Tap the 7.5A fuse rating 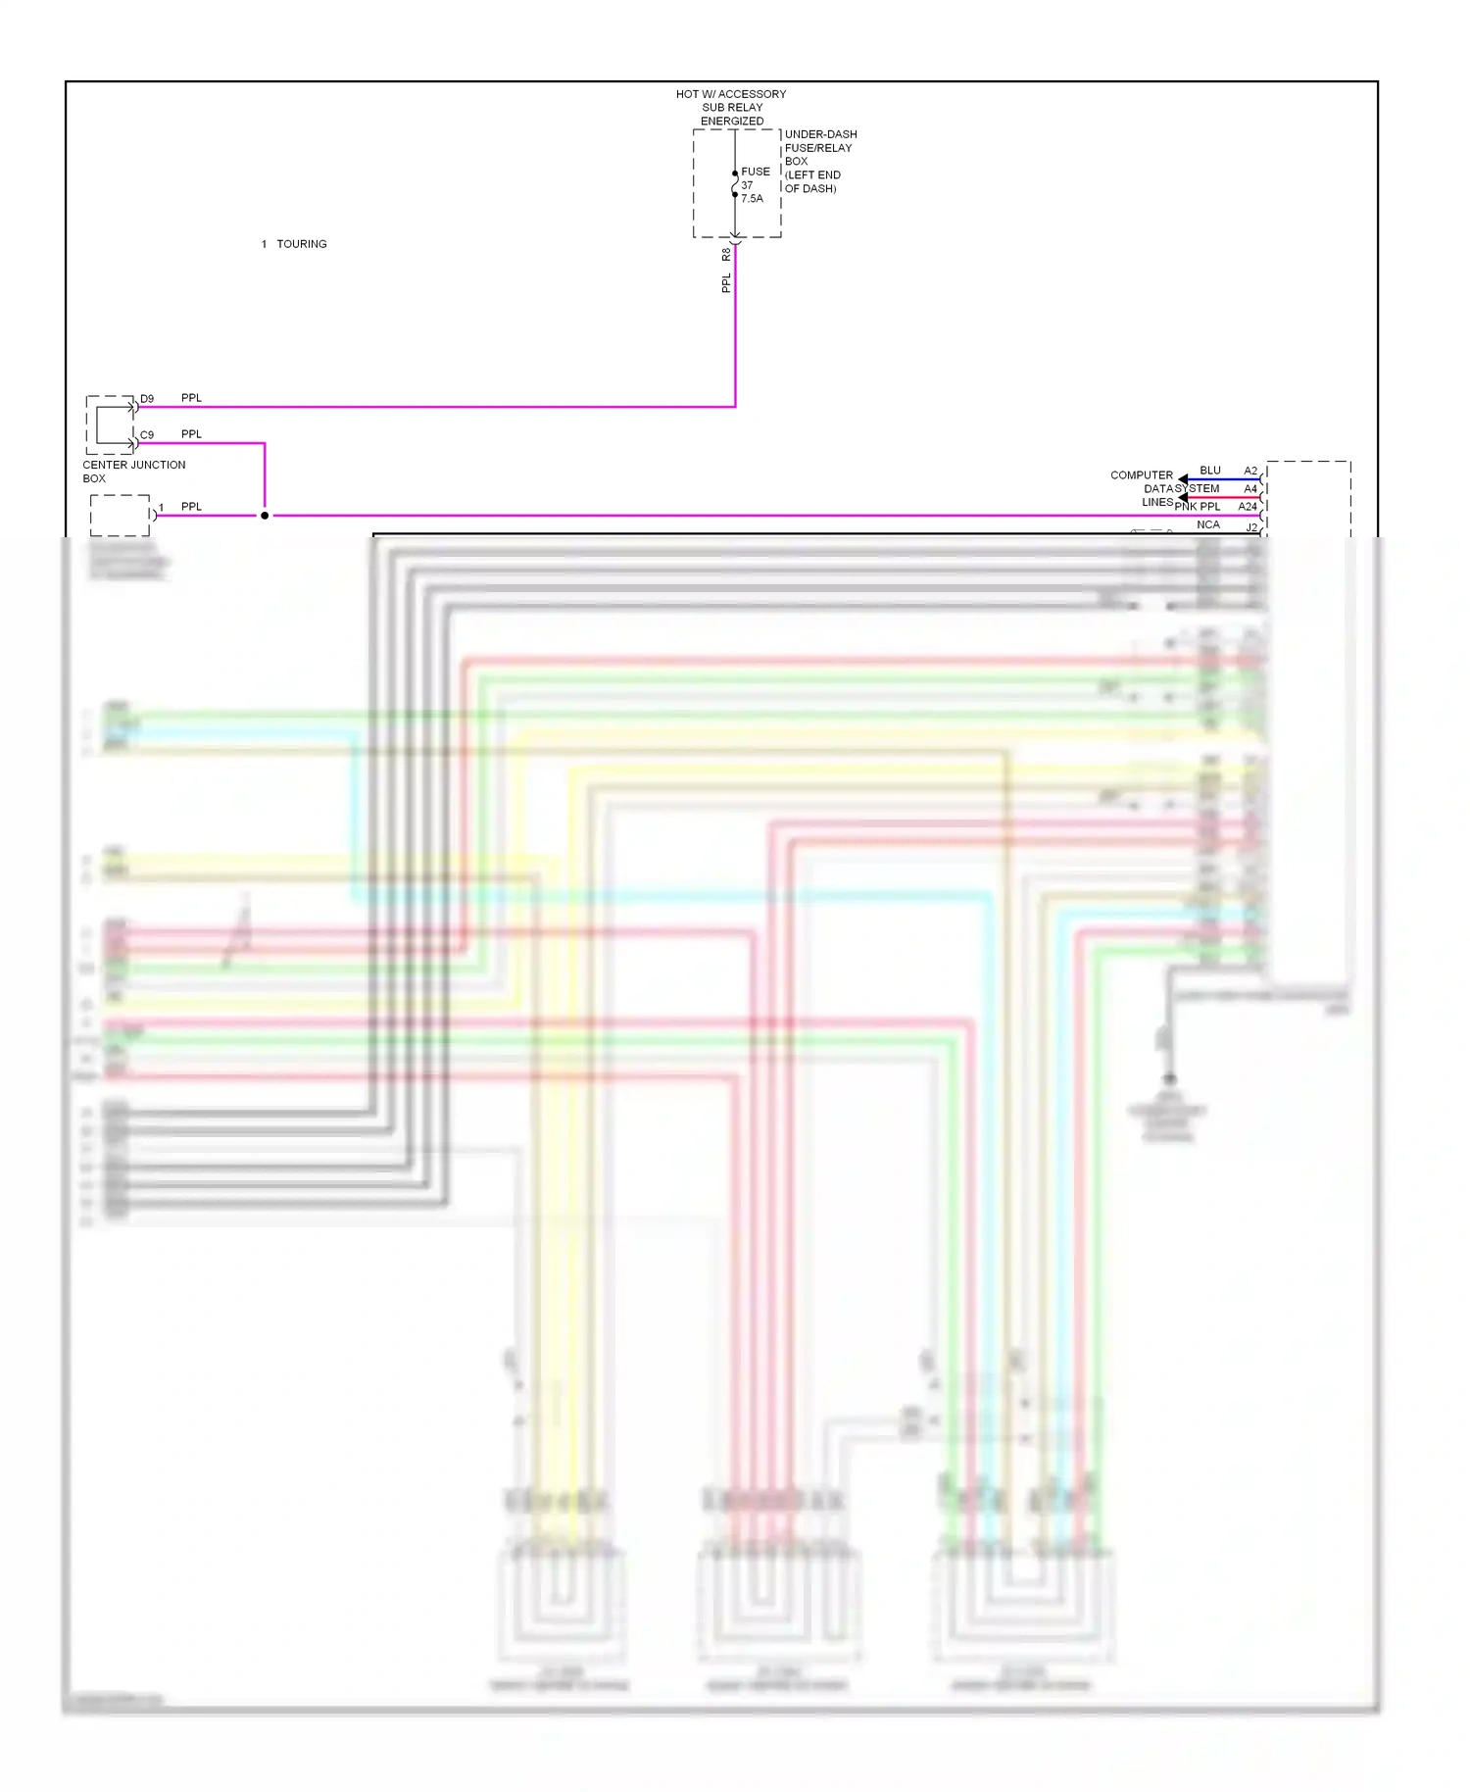pos(752,199)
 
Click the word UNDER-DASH pos(820,134)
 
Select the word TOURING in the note pos(302,244)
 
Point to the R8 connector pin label pos(726,255)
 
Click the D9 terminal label pos(147,399)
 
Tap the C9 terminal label pos(147,435)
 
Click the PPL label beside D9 pos(191,398)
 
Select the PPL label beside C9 pos(191,434)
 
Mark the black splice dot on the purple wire pos(265,516)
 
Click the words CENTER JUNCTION pos(133,465)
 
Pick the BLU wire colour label pos(1210,471)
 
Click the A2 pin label pos(1250,471)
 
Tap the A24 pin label pos(1248,507)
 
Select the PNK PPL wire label pos(1198,507)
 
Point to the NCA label pos(1208,524)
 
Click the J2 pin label pos(1251,527)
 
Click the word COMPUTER pos(1141,475)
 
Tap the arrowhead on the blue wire pos(1183,479)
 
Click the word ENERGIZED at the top pos(732,122)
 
